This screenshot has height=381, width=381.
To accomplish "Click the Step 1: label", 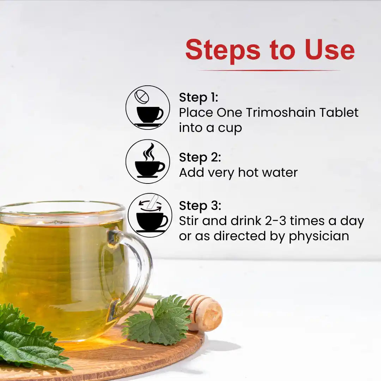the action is tap(199, 97).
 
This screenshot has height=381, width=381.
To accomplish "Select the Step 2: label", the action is tap(200, 157).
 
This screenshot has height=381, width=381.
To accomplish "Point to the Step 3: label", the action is tap(200, 206).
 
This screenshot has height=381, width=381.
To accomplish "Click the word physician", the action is tap(319, 236).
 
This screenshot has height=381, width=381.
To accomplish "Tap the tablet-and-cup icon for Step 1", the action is tap(148, 108).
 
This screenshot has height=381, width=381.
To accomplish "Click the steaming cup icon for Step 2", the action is tap(148, 162).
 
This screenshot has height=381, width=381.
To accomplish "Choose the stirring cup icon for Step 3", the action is tap(150, 215).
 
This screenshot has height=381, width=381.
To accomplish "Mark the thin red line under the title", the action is tap(270, 70).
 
